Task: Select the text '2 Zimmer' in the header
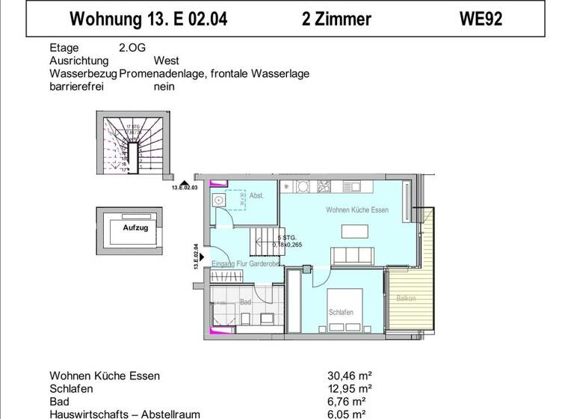coord(336,19)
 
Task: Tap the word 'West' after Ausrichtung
coord(166,61)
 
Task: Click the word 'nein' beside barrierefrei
coord(164,86)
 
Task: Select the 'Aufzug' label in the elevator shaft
coord(135,226)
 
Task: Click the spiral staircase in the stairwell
coord(132,150)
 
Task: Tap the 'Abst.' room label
coord(257,195)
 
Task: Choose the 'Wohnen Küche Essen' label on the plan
coord(357,210)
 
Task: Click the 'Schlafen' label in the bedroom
coord(341,312)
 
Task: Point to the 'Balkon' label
coord(406,298)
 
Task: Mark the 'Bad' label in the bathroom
coord(245,302)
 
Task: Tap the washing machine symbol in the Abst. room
coord(219,200)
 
